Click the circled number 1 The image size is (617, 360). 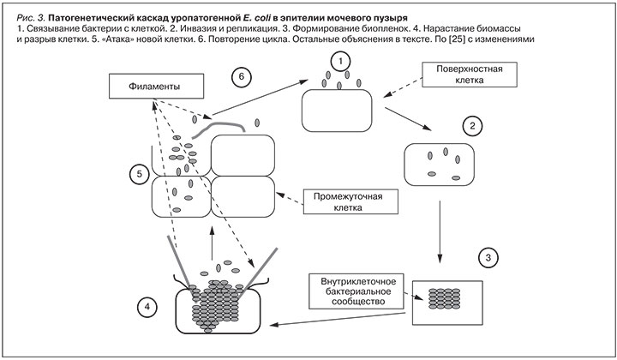341,62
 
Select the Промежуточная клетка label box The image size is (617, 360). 356,201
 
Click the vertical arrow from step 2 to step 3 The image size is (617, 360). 440,225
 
